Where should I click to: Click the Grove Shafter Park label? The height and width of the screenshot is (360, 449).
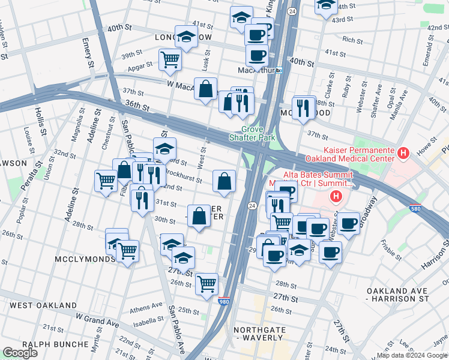click(259, 133)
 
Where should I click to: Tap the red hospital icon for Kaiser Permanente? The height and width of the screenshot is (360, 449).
click(403, 154)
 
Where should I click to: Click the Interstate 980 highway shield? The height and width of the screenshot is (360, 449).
click(224, 301)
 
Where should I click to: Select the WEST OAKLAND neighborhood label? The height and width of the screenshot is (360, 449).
click(43, 305)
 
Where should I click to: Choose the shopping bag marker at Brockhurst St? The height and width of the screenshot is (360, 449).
click(224, 181)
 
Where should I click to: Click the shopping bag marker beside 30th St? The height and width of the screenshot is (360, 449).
click(199, 216)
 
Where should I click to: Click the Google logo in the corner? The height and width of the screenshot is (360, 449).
click(20, 353)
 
